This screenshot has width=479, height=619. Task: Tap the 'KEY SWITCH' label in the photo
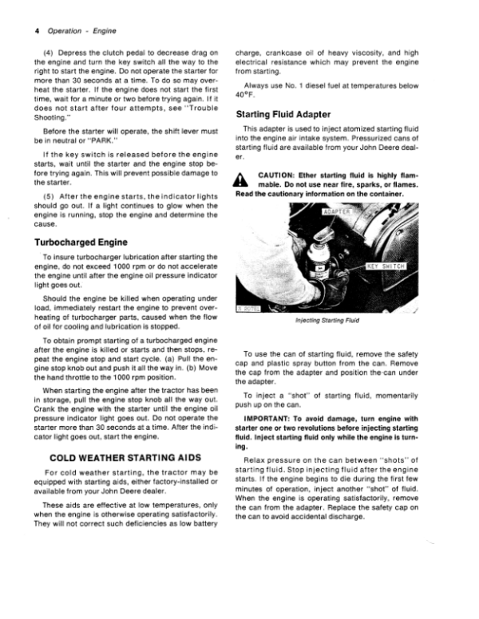pos(386,266)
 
